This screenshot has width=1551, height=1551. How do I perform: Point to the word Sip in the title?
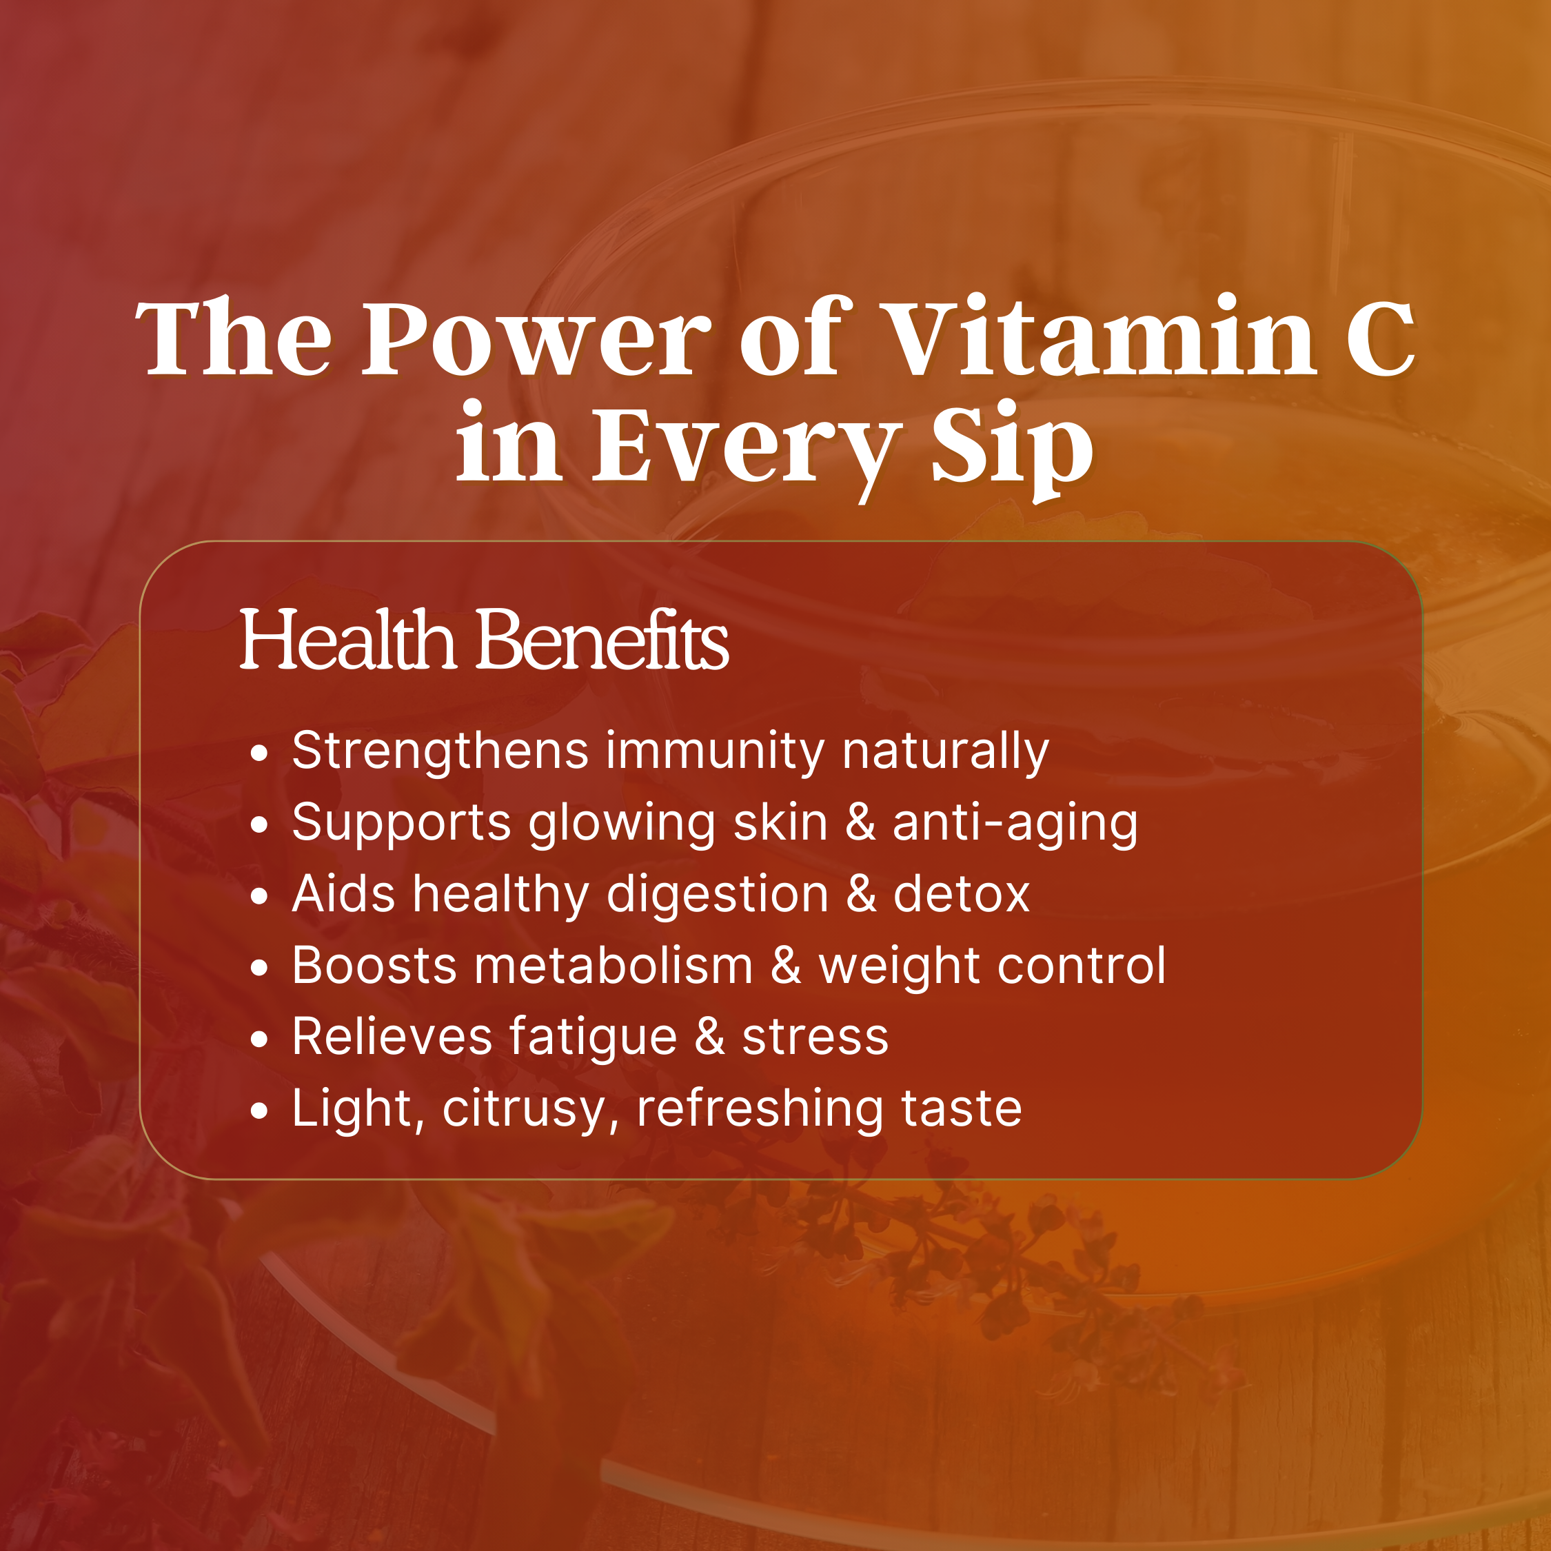[x=1011, y=448]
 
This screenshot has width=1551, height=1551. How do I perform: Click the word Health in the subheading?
[x=347, y=640]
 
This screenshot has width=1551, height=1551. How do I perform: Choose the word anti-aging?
[x=1015, y=824]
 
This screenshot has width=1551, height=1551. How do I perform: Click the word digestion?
[x=718, y=894]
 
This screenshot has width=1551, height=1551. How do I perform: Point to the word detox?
[x=961, y=893]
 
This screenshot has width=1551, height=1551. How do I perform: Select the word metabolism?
[x=614, y=965]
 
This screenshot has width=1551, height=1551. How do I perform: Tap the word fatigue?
[x=594, y=1037]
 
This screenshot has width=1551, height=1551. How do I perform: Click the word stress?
[x=815, y=1038]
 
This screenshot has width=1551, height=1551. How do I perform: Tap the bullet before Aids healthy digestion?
[x=258, y=897]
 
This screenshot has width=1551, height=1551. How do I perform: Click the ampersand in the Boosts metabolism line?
[x=786, y=965]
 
